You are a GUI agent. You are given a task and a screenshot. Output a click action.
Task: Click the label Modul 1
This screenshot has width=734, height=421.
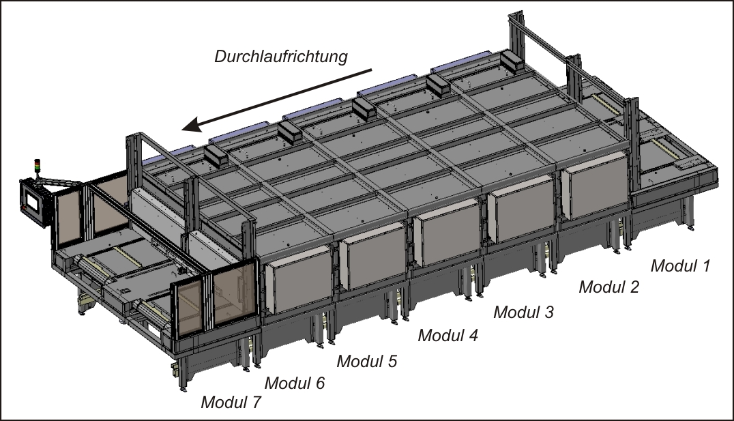coord(681,265)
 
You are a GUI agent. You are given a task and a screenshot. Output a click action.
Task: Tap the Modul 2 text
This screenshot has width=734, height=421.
coord(608,287)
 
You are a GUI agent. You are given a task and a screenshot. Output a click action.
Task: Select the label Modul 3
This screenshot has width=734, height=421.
coord(523,312)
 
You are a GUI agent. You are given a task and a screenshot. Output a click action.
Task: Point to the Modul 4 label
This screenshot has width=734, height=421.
coord(448,335)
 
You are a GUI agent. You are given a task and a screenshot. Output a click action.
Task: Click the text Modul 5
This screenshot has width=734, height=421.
coord(366,361)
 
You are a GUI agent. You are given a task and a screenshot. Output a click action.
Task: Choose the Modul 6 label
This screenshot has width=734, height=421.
coord(295,383)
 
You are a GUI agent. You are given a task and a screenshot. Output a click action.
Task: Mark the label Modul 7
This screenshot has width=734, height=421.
coord(231,403)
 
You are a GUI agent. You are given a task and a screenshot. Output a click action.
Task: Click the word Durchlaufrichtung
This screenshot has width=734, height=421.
coord(281,56)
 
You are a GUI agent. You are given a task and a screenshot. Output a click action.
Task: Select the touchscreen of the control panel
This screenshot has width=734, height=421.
coord(33,202)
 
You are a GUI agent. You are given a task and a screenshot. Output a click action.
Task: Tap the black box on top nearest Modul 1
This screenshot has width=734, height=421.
coord(514,62)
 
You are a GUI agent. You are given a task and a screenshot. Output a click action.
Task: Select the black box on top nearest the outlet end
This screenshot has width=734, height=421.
coord(216,156)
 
